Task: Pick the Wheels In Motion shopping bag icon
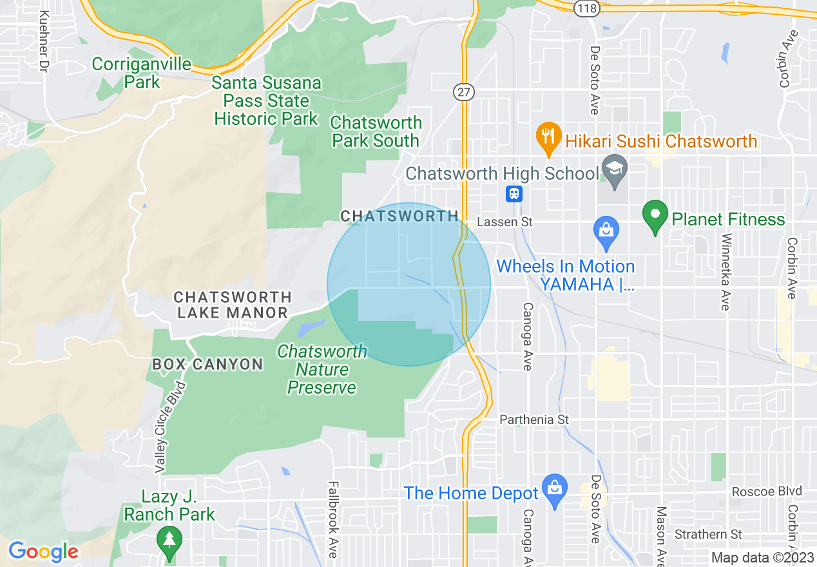pyautogui.click(x=606, y=233)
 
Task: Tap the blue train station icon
pyautogui.click(x=514, y=193)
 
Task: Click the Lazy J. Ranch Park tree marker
pyautogui.click(x=169, y=540)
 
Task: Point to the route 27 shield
pyautogui.click(x=463, y=91)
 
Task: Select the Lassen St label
pyautogui.click(x=505, y=222)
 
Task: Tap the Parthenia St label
pyautogui.click(x=535, y=419)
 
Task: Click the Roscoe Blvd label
pyautogui.click(x=767, y=492)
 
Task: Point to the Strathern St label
pyautogui.click(x=708, y=534)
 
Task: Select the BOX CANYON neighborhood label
pyautogui.click(x=207, y=364)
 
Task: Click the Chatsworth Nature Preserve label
pyautogui.click(x=322, y=369)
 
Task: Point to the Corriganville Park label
pyautogui.click(x=142, y=73)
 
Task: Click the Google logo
pyautogui.click(x=43, y=552)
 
